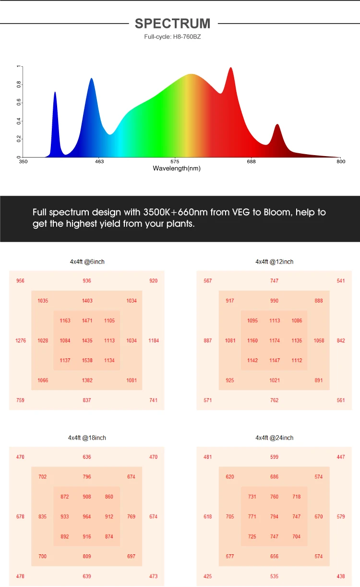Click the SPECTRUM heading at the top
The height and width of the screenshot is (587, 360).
tap(173, 23)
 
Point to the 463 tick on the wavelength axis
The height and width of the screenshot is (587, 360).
tap(99, 162)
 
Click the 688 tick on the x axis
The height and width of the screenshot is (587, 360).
tap(252, 162)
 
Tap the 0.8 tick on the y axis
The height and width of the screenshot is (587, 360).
tap(19, 85)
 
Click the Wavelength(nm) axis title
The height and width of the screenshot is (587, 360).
tap(177, 169)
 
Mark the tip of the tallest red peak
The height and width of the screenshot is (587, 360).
tap(231, 68)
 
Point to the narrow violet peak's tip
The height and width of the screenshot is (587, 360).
tap(55, 92)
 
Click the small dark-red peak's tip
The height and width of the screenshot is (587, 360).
tap(277, 124)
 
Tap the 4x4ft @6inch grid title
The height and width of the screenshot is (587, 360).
tap(87, 262)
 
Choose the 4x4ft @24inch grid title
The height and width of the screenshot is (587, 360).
tap(274, 438)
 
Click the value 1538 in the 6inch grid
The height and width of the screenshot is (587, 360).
tap(87, 360)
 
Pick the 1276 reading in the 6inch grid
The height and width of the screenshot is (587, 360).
tap(21, 341)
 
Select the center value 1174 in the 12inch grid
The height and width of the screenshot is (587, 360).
tap(274, 341)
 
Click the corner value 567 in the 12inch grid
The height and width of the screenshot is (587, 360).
tap(207, 281)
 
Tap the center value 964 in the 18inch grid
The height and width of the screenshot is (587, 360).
tap(87, 517)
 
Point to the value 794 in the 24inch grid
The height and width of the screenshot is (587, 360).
tap(274, 517)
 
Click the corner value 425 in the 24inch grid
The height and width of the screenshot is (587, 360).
tap(207, 576)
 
